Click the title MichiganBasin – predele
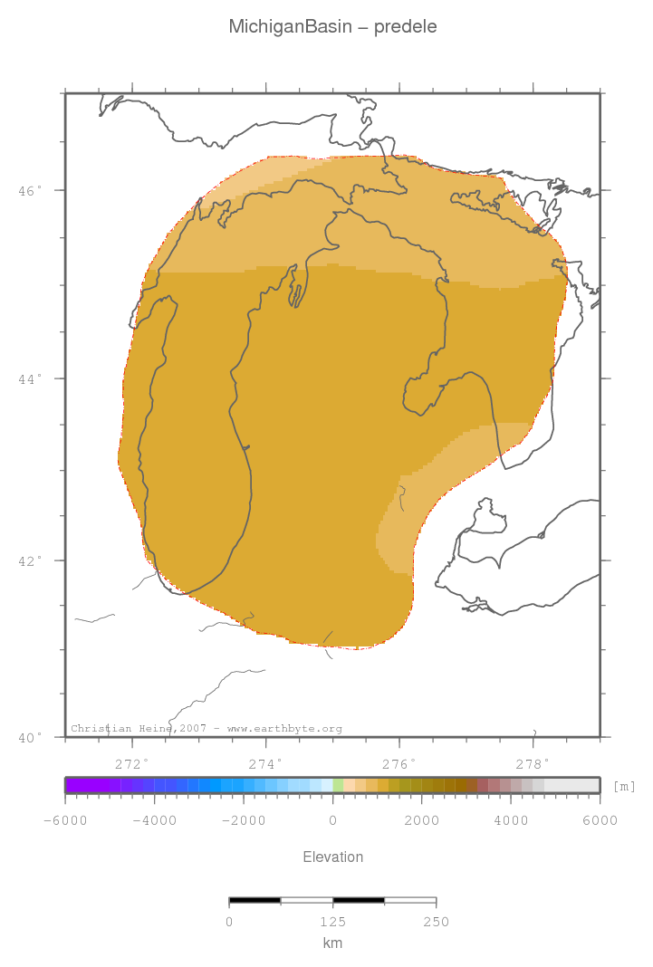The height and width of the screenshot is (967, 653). (x=332, y=27)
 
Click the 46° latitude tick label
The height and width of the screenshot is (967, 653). (x=30, y=191)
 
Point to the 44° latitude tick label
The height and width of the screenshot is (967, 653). (x=30, y=378)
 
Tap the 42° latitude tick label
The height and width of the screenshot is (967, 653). (x=30, y=560)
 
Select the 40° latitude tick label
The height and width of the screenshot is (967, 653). (x=30, y=738)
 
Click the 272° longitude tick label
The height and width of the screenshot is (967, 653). (x=132, y=762)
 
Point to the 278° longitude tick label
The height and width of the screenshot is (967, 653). (x=533, y=762)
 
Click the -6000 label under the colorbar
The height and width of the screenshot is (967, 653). (x=64, y=821)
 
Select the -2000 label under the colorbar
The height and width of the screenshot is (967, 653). (x=243, y=821)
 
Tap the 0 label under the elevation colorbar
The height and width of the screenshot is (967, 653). (x=332, y=821)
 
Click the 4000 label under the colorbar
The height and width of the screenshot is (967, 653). (x=511, y=821)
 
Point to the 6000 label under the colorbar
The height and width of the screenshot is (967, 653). (x=600, y=821)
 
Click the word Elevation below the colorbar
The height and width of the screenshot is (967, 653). (x=332, y=857)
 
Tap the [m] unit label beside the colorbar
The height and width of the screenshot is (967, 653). (x=624, y=786)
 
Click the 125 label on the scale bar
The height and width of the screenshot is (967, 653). (x=332, y=923)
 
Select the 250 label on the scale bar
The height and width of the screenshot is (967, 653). (x=436, y=923)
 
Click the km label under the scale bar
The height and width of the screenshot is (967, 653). (x=332, y=943)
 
